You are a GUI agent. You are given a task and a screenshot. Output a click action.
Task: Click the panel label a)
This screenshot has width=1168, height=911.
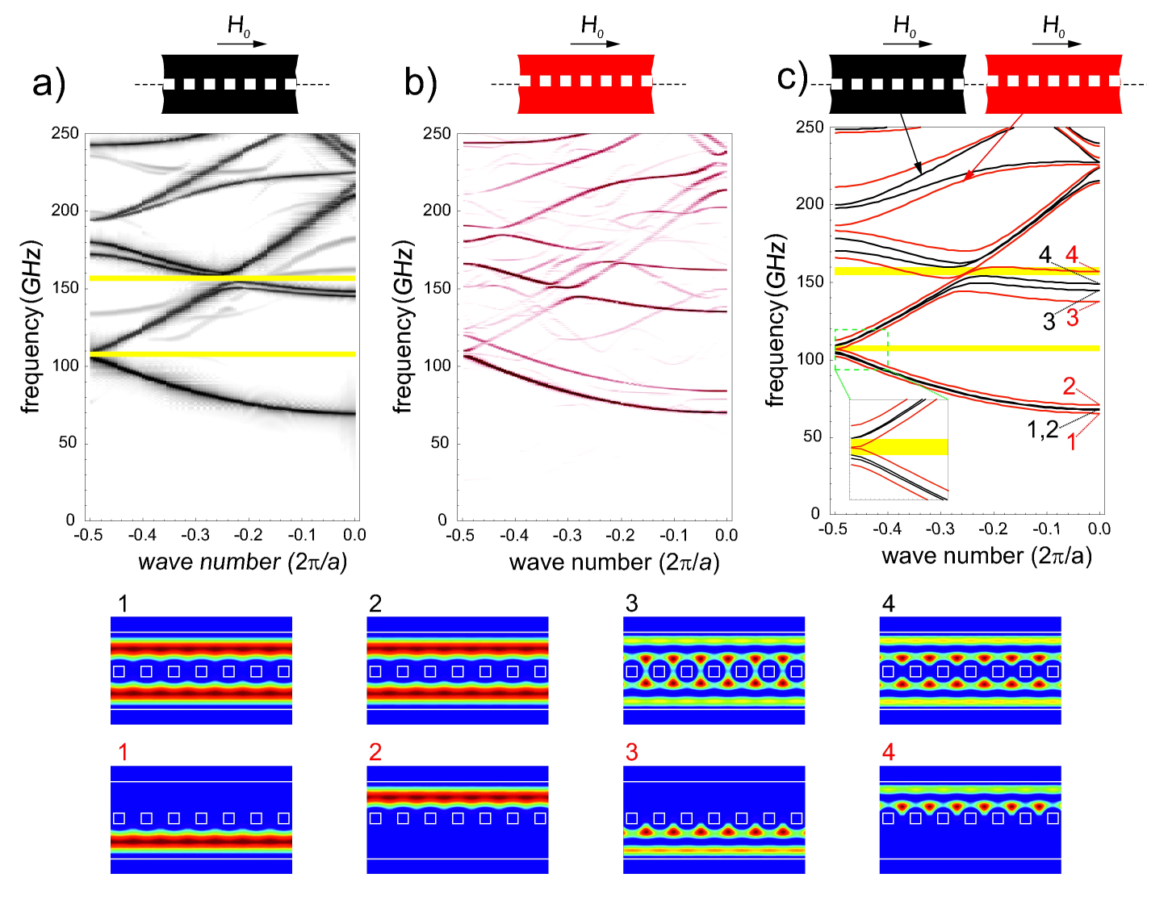tap(48, 83)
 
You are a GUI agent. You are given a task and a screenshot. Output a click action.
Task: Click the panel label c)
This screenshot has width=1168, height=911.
tap(791, 77)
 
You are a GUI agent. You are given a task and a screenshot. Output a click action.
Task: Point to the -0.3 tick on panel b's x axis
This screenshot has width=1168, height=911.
tap(567, 535)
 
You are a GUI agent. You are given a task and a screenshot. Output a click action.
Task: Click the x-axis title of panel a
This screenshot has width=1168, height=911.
tap(242, 562)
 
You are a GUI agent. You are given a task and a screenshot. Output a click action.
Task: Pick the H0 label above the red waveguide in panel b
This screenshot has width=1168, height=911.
tap(592, 27)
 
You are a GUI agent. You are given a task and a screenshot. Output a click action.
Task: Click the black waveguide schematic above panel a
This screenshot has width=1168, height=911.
tap(230, 83)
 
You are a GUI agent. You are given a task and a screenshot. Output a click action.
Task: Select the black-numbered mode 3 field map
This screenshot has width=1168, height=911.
tap(714, 671)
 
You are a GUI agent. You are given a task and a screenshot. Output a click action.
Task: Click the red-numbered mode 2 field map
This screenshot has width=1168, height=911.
tap(458, 819)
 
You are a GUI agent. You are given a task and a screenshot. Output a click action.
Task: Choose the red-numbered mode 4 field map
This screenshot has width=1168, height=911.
tap(969, 819)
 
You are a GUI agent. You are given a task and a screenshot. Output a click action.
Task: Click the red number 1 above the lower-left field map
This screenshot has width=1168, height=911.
tap(123, 753)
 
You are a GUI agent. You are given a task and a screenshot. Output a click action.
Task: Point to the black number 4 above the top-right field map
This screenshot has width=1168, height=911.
tap(889, 604)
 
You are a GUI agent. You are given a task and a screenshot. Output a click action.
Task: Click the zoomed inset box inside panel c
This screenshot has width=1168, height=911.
tap(898, 449)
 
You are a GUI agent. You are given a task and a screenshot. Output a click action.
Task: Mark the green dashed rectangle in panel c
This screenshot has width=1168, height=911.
tap(860, 349)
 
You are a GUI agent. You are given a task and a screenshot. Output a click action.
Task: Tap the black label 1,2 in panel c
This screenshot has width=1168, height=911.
tap(1042, 429)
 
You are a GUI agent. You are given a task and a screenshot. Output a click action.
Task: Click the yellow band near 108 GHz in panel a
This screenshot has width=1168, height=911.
tap(222, 353)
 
